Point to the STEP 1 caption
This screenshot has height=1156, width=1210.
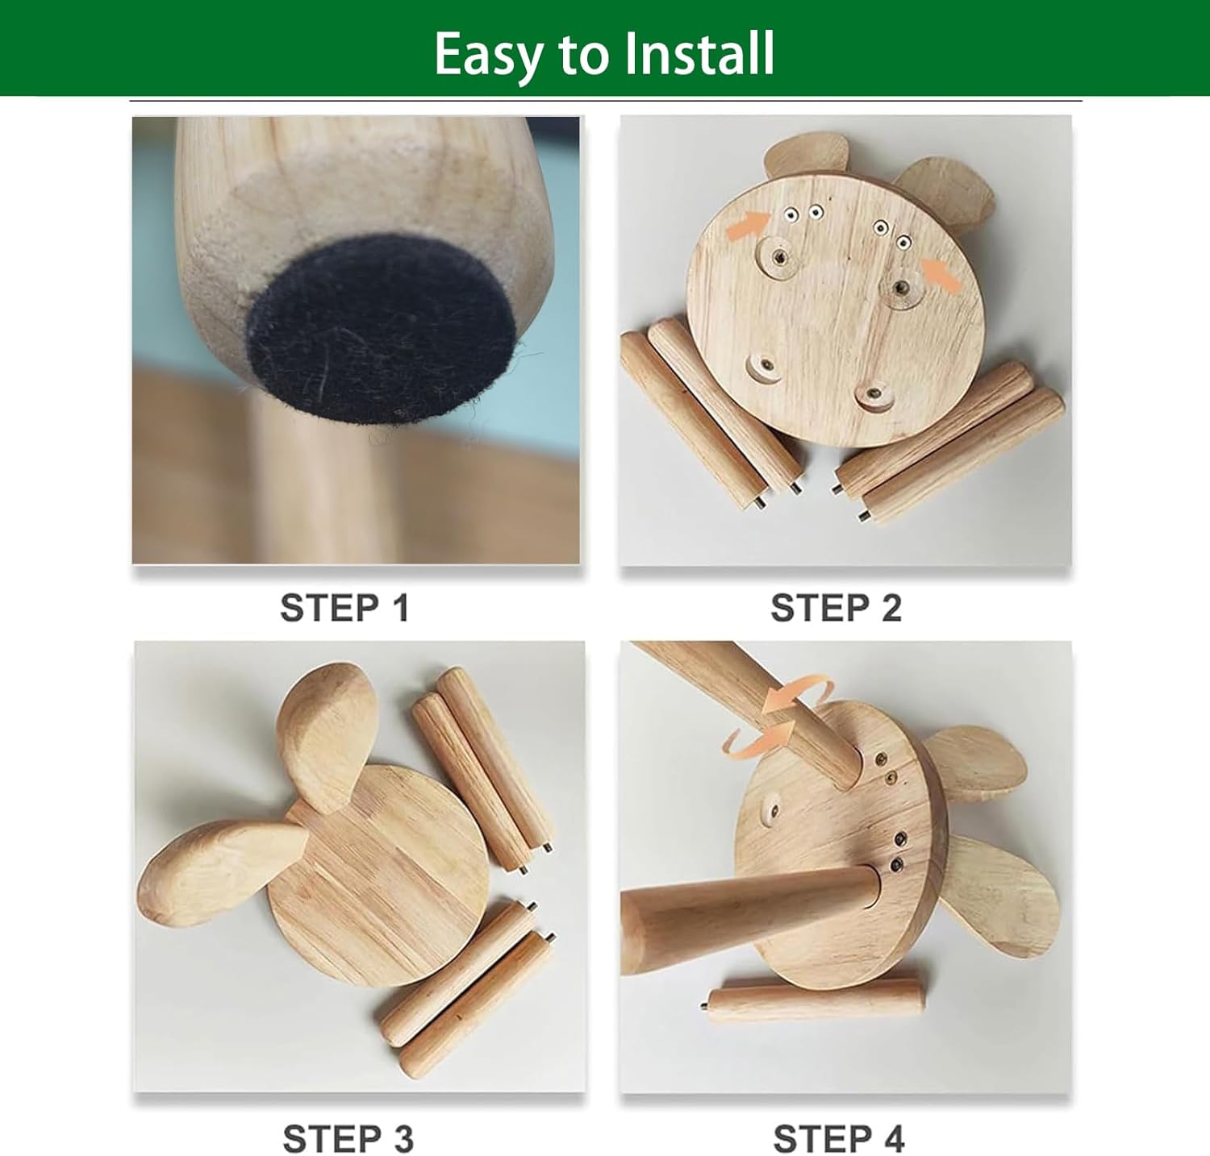pos(344,608)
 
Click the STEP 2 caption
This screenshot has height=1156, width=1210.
pos(836,608)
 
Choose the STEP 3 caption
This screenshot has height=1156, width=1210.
pos(348,1139)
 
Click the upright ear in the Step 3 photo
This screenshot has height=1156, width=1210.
pos(328,734)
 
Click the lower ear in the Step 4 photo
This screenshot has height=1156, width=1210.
pos(1000,895)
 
